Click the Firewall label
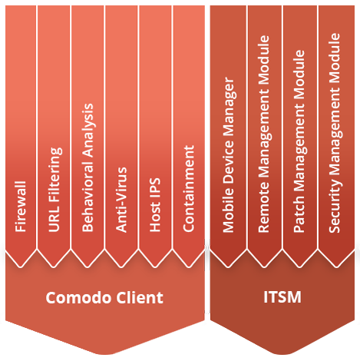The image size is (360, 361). (x=21, y=207)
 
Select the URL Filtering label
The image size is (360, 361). (x=54, y=190)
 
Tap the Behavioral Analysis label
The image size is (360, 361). (x=88, y=167)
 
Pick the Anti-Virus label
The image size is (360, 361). (x=121, y=200)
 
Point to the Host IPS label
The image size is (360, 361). (x=155, y=205)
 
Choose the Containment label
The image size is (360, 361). (x=189, y=189)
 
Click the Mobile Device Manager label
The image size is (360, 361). (x=228, y=154)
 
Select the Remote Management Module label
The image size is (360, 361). (x=264, y=134)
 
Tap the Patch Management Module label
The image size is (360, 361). (x=299, y=141)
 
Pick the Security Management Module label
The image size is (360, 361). (x=335, y=133)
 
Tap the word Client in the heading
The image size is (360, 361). (x=140, y=297)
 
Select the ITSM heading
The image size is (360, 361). (x=282, y=297)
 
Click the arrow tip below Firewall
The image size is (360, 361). (x=21, y=267)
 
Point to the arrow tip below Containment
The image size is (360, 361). (x=189, y=267)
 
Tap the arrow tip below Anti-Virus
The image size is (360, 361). (x=121, y=267)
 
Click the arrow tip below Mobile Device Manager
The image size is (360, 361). (x=228, y=267)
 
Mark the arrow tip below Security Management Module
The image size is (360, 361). (x=336, y=267)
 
